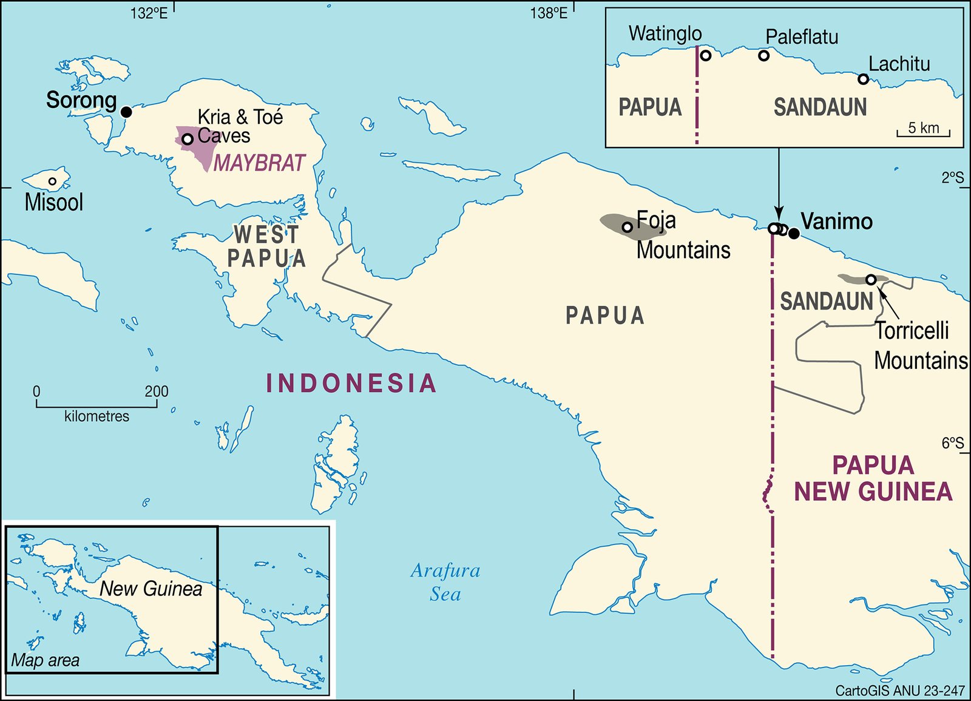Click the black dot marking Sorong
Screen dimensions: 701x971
(126, 112)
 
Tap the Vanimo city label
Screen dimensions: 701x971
(836, 222)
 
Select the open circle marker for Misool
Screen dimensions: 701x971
(53, 181)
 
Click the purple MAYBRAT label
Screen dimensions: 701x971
(259, 163)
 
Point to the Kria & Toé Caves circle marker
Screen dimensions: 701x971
(188, 139)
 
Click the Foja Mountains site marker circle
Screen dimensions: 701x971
(628, 227)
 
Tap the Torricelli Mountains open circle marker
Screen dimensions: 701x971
(871, 280)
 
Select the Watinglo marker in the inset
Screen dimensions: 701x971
(706, 56)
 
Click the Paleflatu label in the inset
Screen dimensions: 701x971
(802, 37)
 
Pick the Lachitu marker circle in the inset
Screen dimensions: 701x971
(863, 79)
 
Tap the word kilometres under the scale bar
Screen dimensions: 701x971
(96, 416)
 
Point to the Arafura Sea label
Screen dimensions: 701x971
(445, 582)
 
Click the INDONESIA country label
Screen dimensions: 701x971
(351, 383)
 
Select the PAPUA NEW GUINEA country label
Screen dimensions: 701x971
(873, 479)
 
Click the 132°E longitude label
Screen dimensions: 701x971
(149, 13)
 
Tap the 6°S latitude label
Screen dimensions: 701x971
(952, 443)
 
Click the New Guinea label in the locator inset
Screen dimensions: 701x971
(151, 588)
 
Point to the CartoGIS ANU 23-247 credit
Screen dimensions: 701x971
(899, 691)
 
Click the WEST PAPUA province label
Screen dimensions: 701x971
(266, 246)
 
